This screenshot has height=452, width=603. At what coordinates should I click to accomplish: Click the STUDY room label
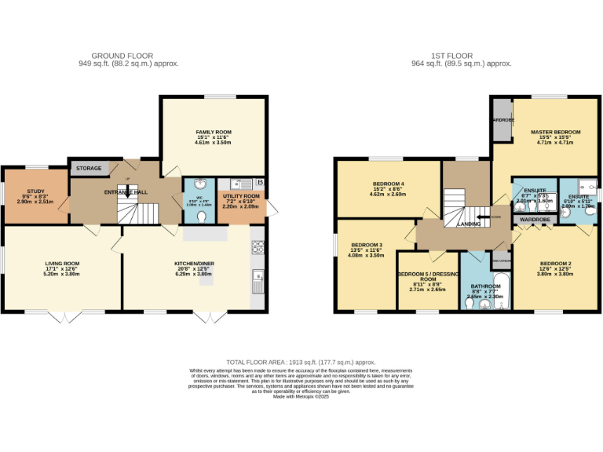pyautogui.click(x=35, y=191)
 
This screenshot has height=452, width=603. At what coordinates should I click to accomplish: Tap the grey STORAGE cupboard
pyautogui.click(x=89, y=168)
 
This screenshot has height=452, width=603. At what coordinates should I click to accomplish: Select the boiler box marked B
pyautogui.click(x=260, y=183)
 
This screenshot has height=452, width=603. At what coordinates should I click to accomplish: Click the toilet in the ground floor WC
pyautogui.click(x=203, y=217)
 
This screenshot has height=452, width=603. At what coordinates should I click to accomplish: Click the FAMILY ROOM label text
pyautogui.click(x=214, y=132)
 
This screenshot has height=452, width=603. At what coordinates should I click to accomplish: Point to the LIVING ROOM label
pyautogui.click(x=62, y=264)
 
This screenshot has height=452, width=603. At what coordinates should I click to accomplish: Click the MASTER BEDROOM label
pyautogui.click(x=555, y=132)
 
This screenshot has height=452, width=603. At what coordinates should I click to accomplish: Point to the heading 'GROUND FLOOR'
pyautogui.click(x=133, y=56)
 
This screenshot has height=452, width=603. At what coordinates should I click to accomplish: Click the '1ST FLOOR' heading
pyautogui.click(x=452, y=56)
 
